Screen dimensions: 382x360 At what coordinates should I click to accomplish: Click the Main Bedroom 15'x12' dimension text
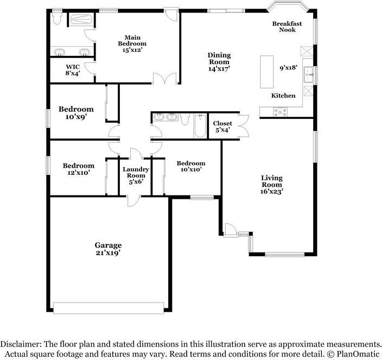click(132, 50)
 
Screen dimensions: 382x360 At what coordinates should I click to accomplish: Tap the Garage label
click(108, 245)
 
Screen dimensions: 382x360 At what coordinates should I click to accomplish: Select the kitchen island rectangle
click(267, 72)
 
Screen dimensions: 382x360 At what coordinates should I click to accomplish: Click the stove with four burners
click(280, 112)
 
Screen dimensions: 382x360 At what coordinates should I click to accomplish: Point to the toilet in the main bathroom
click(57, 19)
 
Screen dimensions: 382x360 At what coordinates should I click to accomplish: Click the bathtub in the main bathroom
click(81, 19)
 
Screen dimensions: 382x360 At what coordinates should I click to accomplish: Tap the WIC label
click(73, 67)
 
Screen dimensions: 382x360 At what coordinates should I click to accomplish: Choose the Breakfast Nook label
click(287, 27)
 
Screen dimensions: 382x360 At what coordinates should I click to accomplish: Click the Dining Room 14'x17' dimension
click(219, 69)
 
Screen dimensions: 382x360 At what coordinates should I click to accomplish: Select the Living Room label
click(272, 181)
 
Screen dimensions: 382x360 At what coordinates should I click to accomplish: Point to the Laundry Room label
click(136, 172)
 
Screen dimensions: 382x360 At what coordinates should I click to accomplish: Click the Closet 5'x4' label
click(222, 127)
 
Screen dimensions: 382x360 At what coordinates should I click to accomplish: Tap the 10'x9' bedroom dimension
click(76, 117)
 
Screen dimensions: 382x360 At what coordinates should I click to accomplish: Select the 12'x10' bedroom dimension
click(79, 173)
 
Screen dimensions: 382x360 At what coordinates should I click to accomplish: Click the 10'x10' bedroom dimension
click(191, 169)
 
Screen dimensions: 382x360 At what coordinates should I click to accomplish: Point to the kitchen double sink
click(308, 75)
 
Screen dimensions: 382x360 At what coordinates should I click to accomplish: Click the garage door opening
click(109, 308)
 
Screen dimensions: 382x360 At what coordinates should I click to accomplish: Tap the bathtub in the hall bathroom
click(200, 126)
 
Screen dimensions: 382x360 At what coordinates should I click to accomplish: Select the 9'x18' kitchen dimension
click(289, 68)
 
